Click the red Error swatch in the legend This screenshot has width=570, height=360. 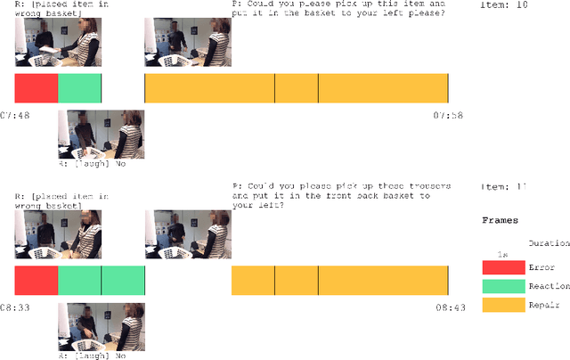(503, 267)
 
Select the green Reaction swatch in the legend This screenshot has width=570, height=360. (503, 287)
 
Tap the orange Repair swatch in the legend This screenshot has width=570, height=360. (503, 306)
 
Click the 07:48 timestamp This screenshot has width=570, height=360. (14, 116)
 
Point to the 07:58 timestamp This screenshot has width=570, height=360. (447, 116)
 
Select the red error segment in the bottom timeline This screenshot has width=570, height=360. (37, 281)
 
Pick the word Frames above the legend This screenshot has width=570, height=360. (501, 219)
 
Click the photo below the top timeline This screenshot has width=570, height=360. (101, 135)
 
